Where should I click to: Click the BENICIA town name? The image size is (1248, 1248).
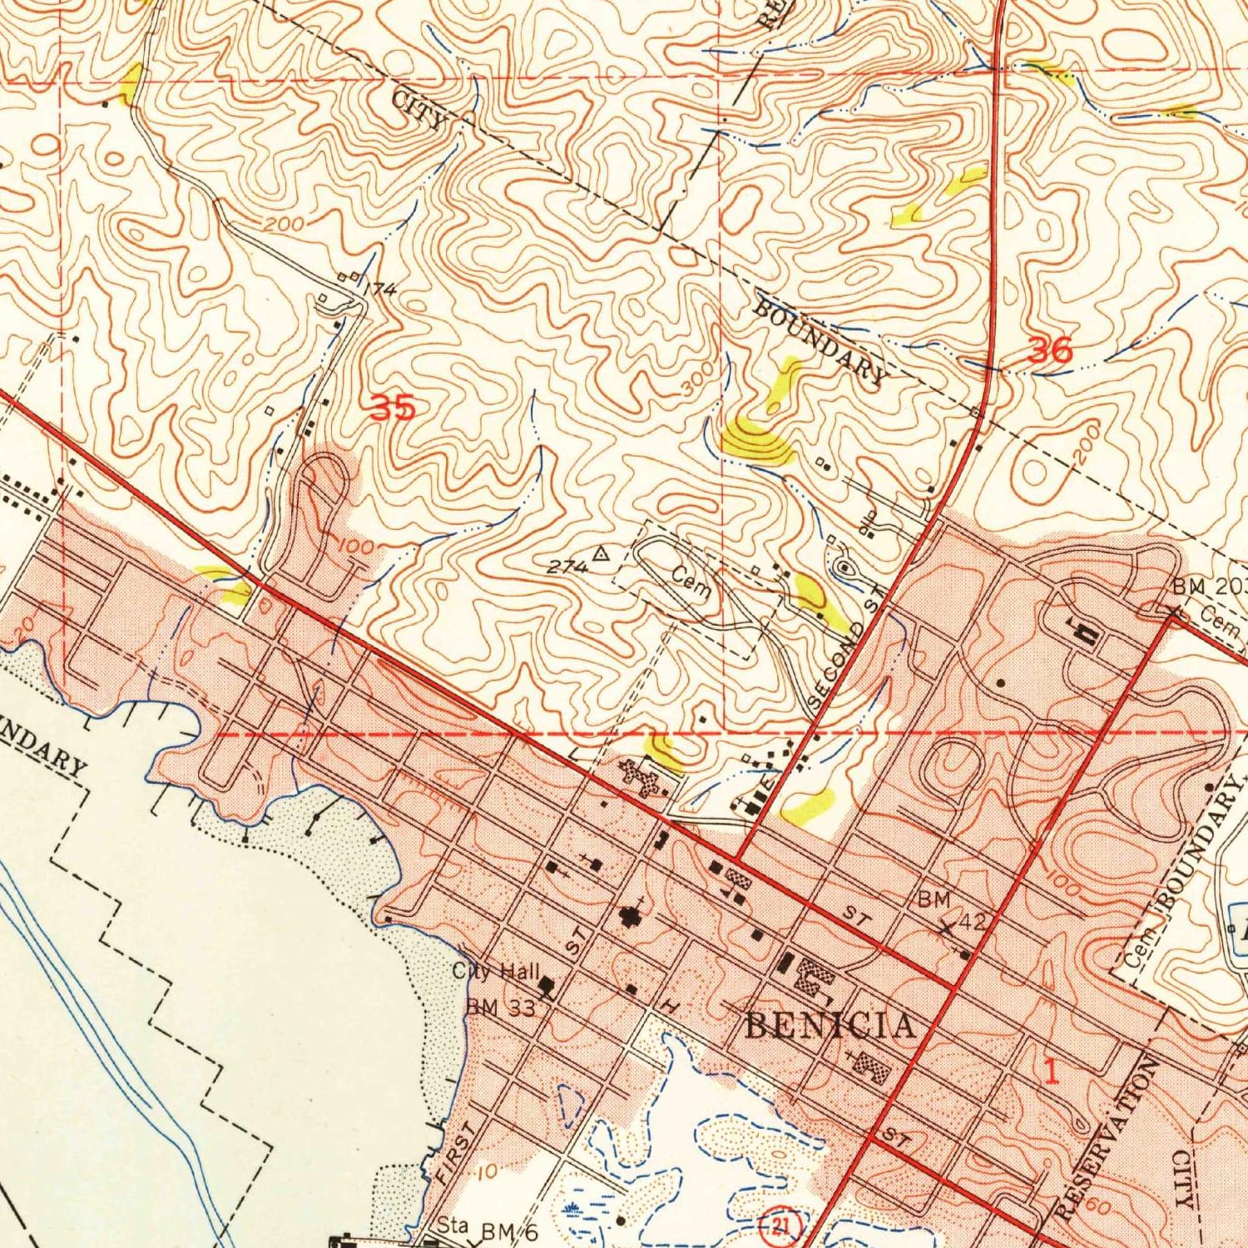[830, 1025]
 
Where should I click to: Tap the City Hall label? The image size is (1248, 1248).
[496, 971]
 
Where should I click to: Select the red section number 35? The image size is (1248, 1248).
[392, 408]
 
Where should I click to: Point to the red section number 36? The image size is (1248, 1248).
[1050, 350]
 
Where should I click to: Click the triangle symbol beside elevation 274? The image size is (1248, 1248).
[601, 552]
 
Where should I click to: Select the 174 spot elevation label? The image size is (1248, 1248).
[381, 290]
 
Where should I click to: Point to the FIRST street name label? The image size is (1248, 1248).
[455, 1152]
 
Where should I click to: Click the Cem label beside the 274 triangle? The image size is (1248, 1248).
[691, 583]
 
